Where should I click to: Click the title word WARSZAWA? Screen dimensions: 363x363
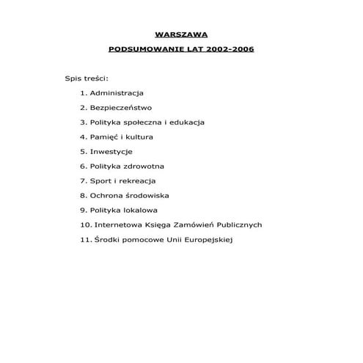pos(181,34)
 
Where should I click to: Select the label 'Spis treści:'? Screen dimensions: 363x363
pos(87,78)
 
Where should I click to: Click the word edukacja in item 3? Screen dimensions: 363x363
pos(186,122)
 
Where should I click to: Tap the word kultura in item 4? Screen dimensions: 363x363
pos(138,136)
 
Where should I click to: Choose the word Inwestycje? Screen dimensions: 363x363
pos(111,151)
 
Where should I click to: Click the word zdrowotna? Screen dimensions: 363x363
pos(143,166)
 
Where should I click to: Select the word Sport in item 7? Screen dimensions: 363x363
pos(100,180)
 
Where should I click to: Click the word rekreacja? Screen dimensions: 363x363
pos(136,180)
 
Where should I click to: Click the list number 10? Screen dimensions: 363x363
pos(85,224)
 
